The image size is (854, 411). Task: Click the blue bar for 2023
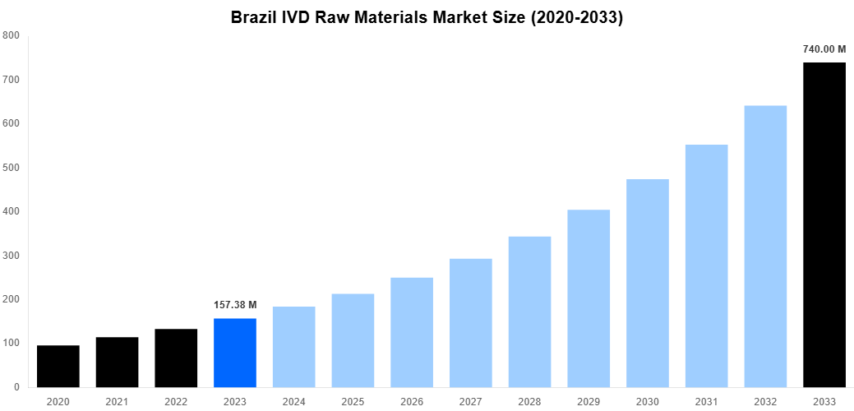(x=235, y=353)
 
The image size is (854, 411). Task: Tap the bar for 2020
(x=58, y=366)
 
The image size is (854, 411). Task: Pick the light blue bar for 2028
(x=529, y=312)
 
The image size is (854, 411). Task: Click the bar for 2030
(x=648, y=283)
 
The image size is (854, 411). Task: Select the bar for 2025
(x=353, y=340)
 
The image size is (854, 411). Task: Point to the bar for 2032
(x=765, y=246)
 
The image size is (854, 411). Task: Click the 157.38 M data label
(x=235, y=305)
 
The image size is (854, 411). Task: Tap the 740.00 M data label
(x=824, y=49)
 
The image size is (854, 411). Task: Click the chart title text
(x=427, y=17)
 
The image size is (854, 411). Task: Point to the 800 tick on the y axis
(x=12, y=35)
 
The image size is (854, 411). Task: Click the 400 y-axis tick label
(x=12, y=211)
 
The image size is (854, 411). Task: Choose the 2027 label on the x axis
(x=470, y=401)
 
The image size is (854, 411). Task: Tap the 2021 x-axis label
(x=117, y=401)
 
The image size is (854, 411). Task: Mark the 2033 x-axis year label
(x=824, y=401)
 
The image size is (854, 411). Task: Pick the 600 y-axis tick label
(x=12, y=123)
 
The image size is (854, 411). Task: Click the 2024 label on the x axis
(x=293, y=401)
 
